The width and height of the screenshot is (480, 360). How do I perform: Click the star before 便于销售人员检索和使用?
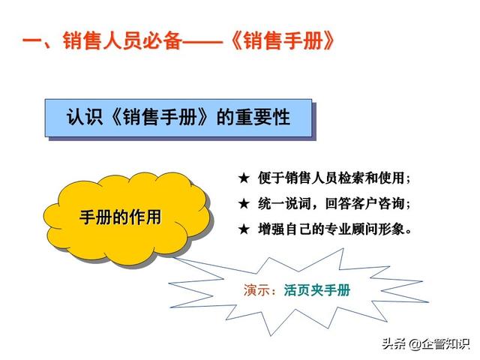(x=244, y=178)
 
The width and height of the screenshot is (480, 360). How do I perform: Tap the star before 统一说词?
(x=244, y=203)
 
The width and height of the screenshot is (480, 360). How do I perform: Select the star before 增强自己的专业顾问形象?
(x=244, y=229)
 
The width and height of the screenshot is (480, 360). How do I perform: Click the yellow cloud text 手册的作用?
(x=120, y=217)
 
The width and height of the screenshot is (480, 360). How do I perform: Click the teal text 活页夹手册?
(x=316, y=290)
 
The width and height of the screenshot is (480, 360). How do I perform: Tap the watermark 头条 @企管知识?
(x=425, y=343)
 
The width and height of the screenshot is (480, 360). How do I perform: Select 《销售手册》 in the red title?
(x=282, y=40)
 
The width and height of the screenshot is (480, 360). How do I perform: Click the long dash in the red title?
(x=202, y=41)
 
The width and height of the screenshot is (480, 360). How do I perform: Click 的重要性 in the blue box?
(x=253, y=117)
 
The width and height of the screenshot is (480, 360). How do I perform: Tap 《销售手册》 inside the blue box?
(x=160, y=117)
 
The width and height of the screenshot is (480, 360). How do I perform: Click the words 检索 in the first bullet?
(x=350, y=178)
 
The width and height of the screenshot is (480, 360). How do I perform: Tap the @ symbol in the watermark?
(x=415, y=344)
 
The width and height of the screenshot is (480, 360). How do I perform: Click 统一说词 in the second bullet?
(x=284, y=203)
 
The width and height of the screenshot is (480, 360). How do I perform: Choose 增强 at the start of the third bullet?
(x=271, y=229)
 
